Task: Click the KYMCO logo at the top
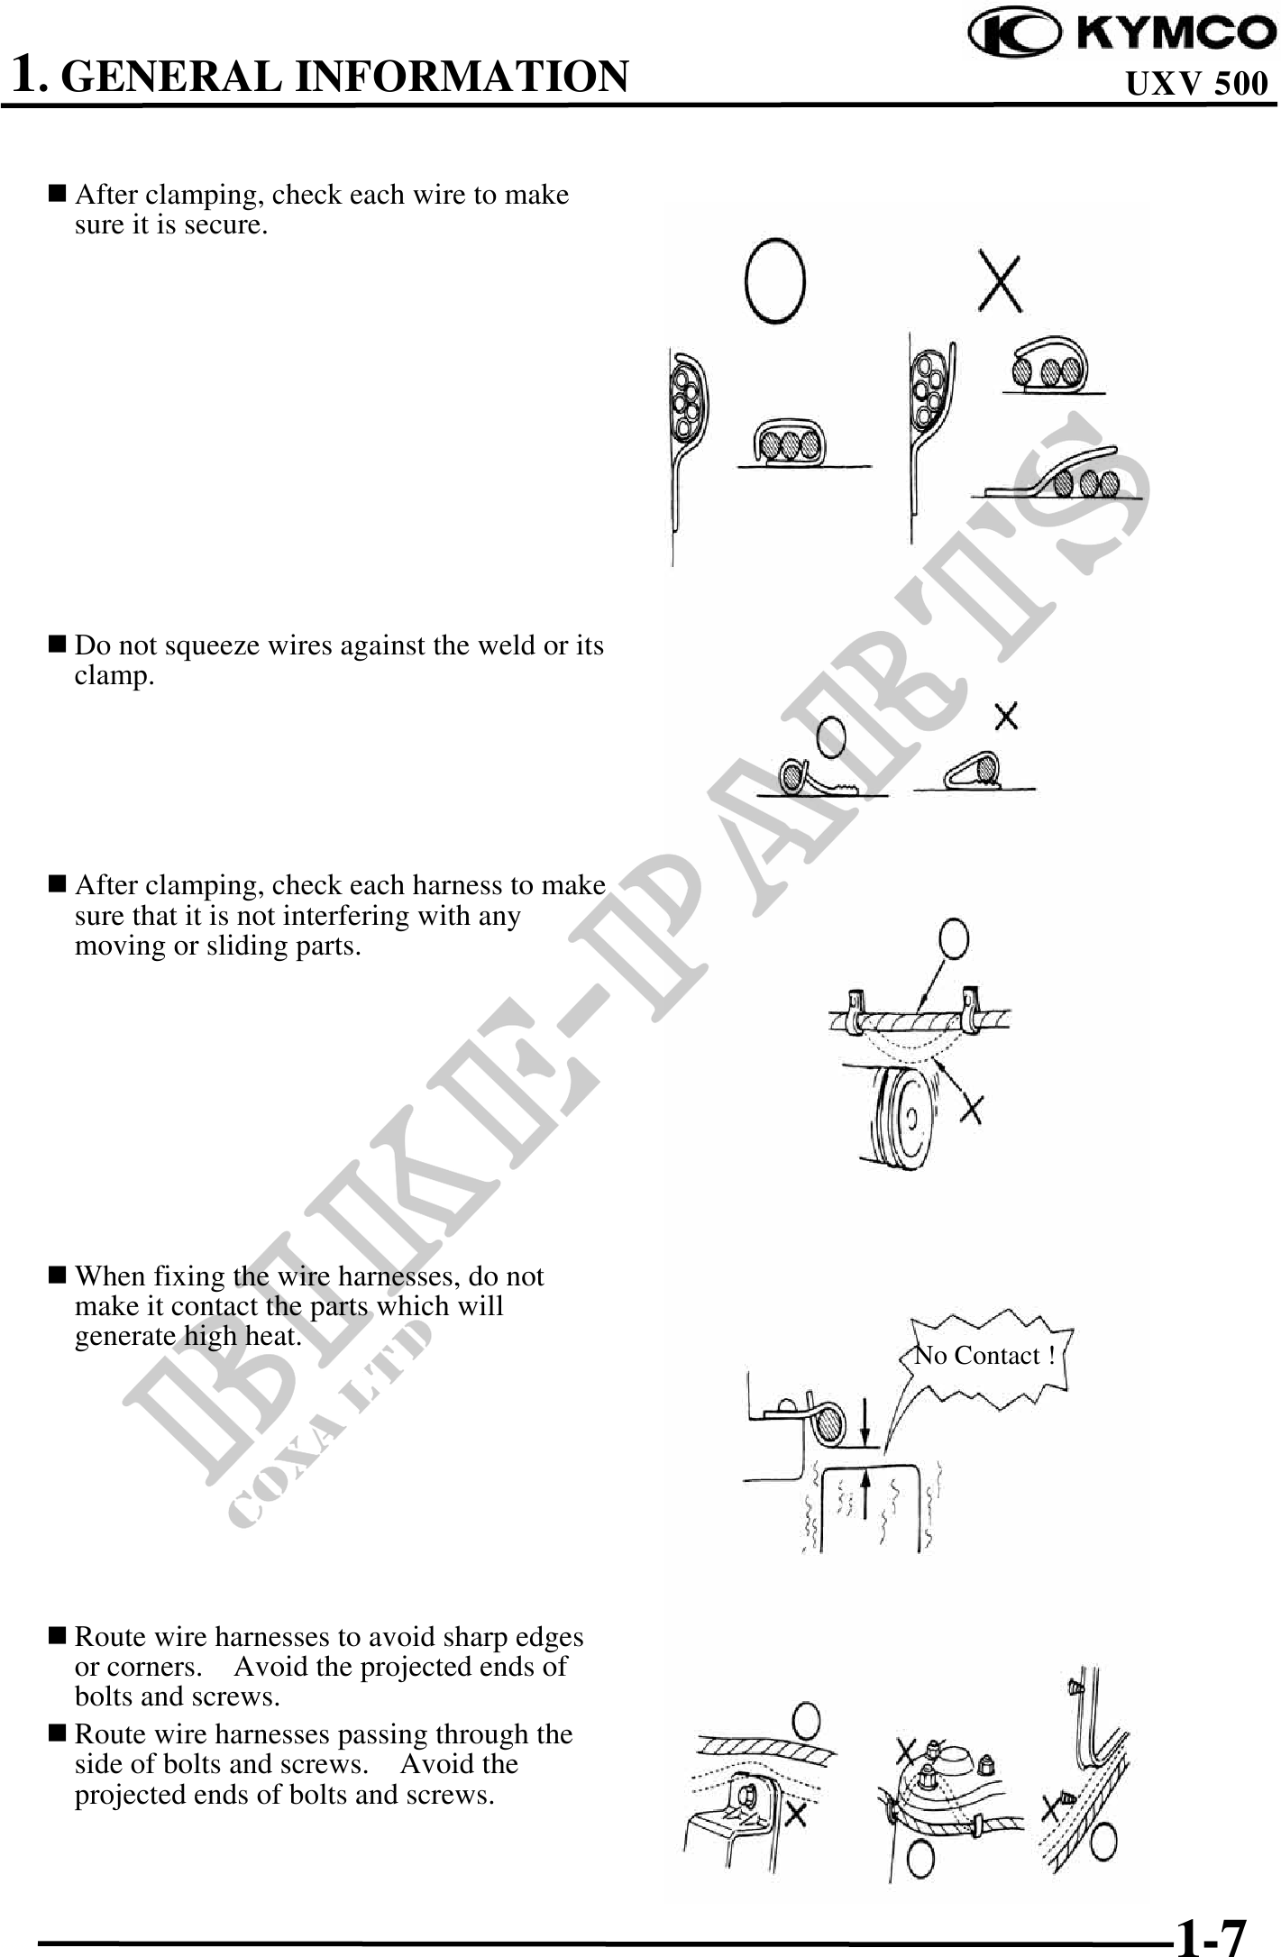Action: [x=1121, y=32]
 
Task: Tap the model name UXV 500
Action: [x=1197, y=84]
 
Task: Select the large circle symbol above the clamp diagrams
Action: [x=774, y=279]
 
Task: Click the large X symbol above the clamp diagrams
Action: [x=1000, y=282]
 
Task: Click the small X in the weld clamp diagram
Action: [x=1006, y=717]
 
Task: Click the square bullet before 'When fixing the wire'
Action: [x=57, y=1276]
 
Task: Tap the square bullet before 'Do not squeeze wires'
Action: [x=57, y=645]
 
